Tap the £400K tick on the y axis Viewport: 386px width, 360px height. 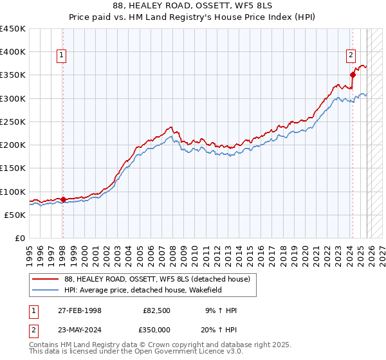coord(13,52)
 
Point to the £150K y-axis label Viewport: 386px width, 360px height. coord(13,168)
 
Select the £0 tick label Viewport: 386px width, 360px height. coord(19,239)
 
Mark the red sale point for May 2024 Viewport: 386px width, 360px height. coord(353,75)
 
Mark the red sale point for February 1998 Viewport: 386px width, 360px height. coord(63,199)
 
